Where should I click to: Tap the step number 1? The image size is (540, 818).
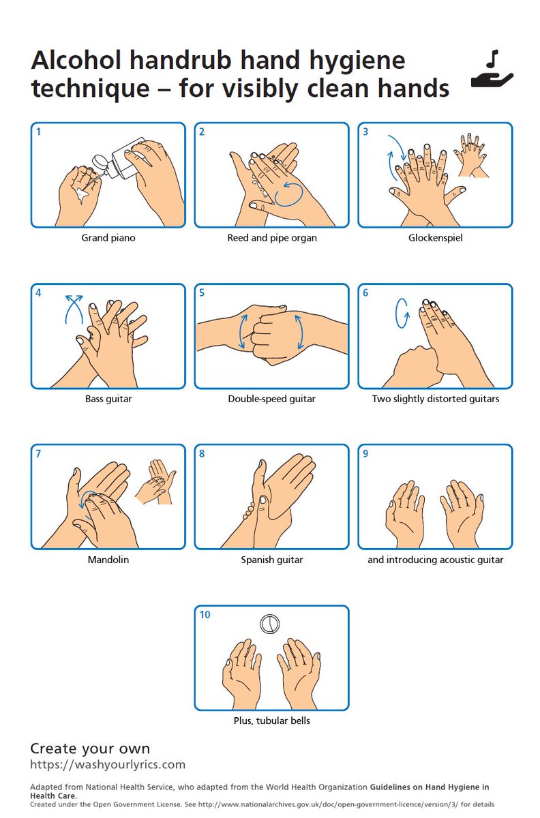point(38,132)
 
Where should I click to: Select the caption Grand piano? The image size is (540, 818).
point(108,238)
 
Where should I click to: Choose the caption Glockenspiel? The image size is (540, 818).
point(435,238)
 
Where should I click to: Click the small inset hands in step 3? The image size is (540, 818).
point(471,155)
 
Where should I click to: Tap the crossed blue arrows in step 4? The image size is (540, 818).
point(74,309)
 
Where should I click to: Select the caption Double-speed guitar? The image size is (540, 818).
point(271,399)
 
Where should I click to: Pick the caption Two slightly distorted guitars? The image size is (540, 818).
point(435,399)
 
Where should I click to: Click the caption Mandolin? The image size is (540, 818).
point(108,560)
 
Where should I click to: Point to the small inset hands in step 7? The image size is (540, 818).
point(155,482)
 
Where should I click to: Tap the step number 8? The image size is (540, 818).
point(202,453)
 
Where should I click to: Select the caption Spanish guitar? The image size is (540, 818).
point(271,560)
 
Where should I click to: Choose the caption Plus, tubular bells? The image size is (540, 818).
point(271,721)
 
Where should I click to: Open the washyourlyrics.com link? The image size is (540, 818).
point(108,765)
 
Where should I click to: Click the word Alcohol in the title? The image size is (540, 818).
point(76,60)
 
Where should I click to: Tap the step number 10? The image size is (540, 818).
point(205,615)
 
